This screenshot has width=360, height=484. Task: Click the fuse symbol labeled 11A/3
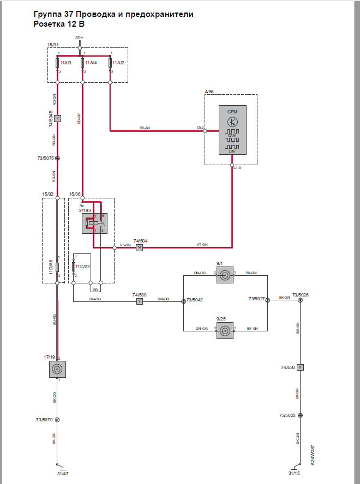(x=57, y=63)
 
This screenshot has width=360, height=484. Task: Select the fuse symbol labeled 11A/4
(x=83, y=63)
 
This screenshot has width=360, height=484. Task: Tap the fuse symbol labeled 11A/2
(x=110, y=63)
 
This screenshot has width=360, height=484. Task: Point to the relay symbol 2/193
(x=94, y=223)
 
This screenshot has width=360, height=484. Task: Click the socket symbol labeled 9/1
(x=225, y=277)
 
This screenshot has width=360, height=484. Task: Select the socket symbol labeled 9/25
(x=225, y=330)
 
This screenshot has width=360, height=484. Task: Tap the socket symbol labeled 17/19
(x=57, y=369)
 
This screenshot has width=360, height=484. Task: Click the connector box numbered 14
(x=139, y=247)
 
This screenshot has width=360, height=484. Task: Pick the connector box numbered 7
(x=139, y=301)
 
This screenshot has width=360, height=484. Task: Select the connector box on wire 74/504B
(x=57, y=118)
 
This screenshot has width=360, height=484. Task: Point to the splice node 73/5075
(x=57, y=159)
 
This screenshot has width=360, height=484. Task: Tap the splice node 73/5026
(x=299, y=300)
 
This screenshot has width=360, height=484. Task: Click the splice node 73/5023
(x=299, y=415)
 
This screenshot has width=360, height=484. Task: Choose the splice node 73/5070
(x=57, y=420)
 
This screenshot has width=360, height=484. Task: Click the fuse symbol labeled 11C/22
(x=73, y=267)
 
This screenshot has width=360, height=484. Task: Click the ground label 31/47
(x=62, y=474)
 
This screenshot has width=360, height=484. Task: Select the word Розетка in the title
(x=50, y=24)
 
